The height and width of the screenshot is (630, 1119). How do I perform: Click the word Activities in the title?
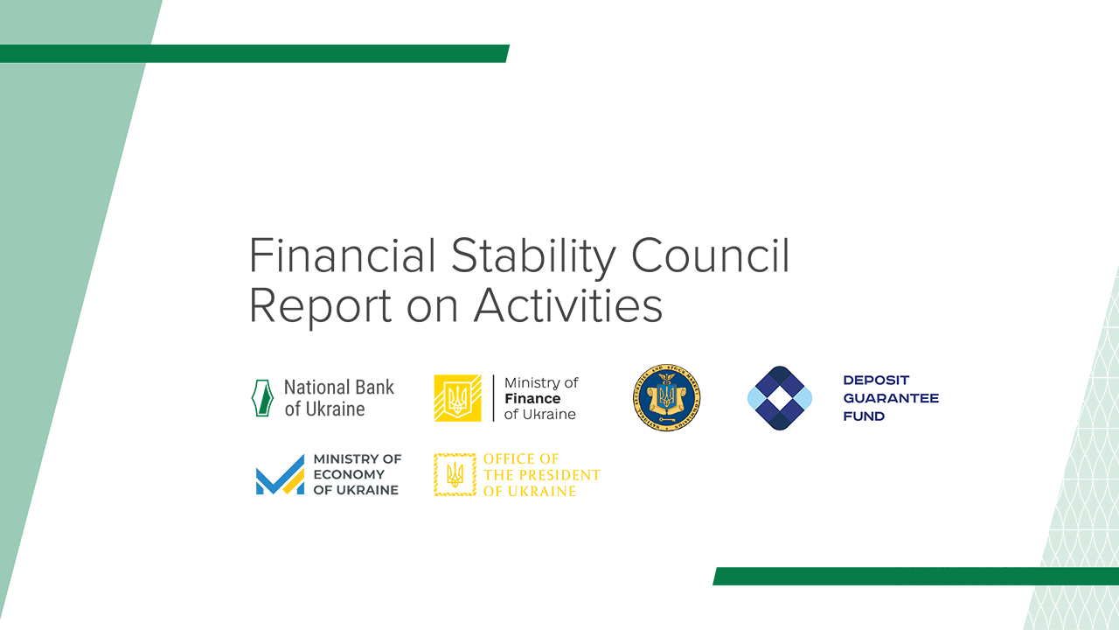[568, 306]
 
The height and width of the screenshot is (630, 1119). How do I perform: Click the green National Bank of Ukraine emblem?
[262, 398]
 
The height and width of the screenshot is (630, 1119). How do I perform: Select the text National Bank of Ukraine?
[339, 398]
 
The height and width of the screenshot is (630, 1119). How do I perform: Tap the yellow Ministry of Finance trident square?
[457, 398]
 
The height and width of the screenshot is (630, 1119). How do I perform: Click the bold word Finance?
[532, 399]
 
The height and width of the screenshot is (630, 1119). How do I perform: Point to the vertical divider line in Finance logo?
[493, 398]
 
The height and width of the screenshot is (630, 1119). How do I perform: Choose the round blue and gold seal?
[666, 398]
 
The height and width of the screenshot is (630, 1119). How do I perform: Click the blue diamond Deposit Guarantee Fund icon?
[780, 398]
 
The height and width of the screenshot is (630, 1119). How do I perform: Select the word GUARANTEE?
[891, 398]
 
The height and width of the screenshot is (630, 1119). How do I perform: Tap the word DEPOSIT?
[876, 381]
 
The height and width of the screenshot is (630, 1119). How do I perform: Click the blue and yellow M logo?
[280, 475]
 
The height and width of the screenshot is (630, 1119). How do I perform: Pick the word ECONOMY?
[349, 474]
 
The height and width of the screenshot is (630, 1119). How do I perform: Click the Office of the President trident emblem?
[455, 475]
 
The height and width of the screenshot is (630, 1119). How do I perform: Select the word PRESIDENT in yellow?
[559, 475]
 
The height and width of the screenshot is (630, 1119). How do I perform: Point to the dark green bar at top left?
[254, 53]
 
